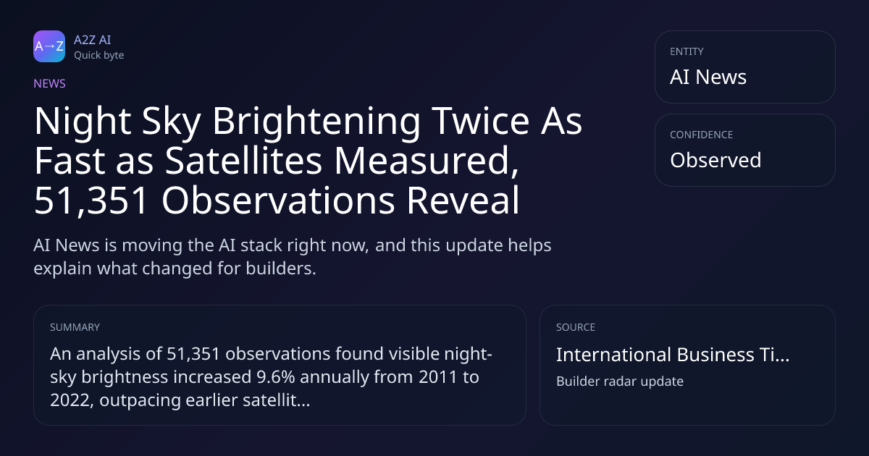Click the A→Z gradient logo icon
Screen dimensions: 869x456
click(x=49, y=46)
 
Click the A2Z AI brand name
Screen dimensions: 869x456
click(x=93, y=40)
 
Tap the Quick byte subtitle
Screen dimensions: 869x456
click(x=99, y=56)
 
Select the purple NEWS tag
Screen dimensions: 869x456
click(x=50, y=83)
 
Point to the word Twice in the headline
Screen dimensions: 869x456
click(x=481, y=121)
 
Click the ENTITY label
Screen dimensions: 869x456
click(x=687, y=51)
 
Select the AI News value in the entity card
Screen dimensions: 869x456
click(x=708, y=77)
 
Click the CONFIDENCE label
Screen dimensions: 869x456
click(x=702, y=135)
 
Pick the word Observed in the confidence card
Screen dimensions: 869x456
click(x=715, y=160)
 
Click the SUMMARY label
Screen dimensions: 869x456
click(x=75, y=327)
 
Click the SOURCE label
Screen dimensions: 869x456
click(x=576, y=327)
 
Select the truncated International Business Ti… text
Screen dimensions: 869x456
click(x=673, y=355)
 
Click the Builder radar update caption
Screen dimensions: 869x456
click(x=620, y=381)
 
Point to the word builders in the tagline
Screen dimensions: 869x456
click(x=281, y=269)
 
